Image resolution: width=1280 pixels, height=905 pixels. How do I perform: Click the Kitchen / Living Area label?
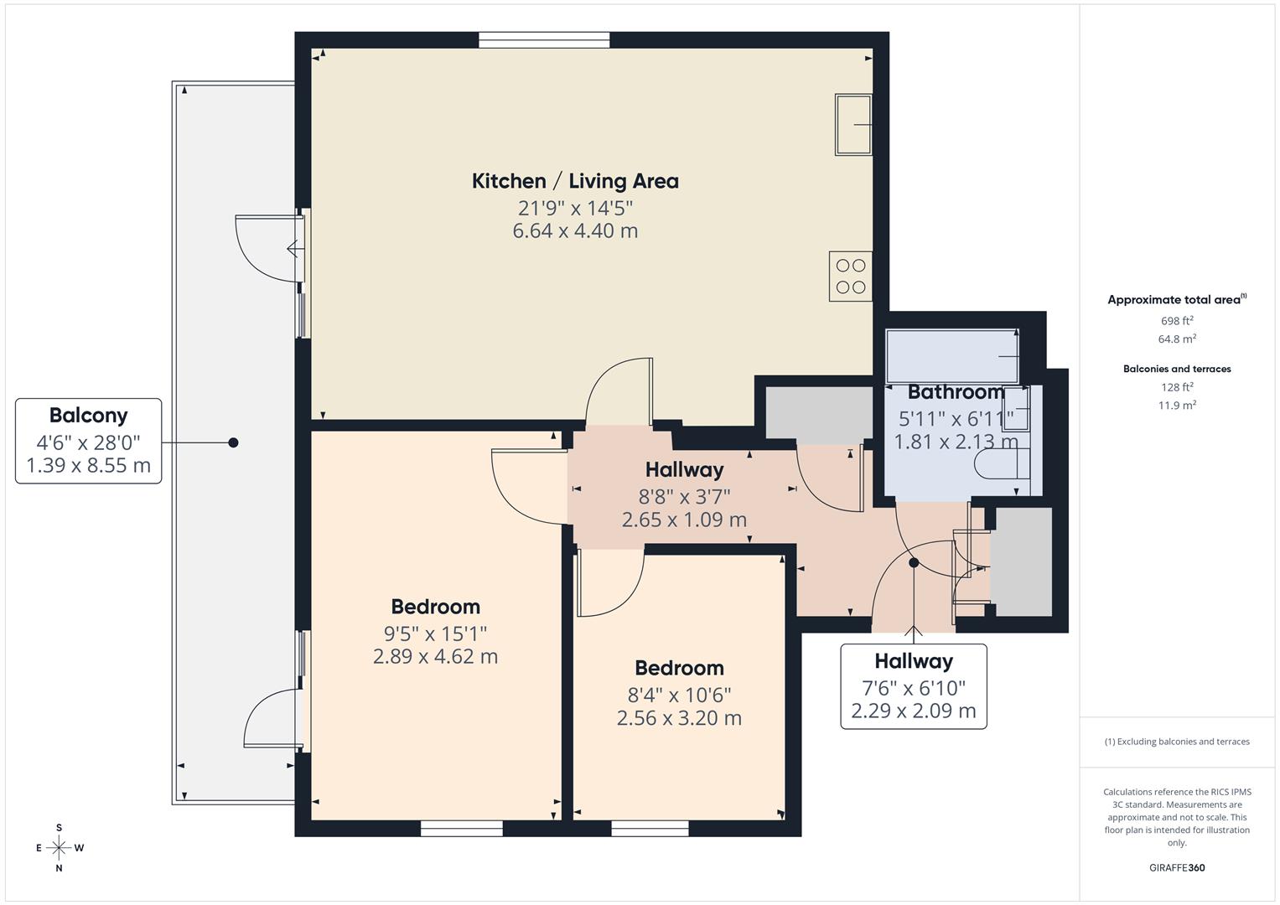(575, 181)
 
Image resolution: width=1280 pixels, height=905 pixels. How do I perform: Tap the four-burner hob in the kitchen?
(851, 277)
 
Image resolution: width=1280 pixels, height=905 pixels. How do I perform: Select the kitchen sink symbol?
(853, 125)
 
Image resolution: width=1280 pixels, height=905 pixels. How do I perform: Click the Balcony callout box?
(88, 441)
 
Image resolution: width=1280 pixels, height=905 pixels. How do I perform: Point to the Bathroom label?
(956, 392)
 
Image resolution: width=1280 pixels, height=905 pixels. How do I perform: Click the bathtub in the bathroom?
(952, 356)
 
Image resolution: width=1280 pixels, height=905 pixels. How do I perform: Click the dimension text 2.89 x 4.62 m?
(435, 656)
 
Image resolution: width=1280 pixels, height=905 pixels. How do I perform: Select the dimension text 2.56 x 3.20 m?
(679, 718)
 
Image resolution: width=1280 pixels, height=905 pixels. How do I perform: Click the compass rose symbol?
(59, 848)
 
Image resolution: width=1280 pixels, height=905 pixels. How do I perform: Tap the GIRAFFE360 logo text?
(1177, 868)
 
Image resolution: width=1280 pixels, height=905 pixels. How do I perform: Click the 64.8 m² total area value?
(1177, 339)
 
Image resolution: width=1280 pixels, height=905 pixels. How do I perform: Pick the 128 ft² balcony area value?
(1177, 387)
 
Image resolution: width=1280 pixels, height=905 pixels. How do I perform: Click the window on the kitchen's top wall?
(544, 39)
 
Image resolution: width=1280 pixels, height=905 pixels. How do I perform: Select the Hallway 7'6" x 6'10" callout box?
(914, 686)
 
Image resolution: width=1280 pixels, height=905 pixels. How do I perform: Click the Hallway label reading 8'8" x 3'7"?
(684, 470)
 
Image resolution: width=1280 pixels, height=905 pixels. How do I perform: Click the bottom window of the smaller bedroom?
(650, 829)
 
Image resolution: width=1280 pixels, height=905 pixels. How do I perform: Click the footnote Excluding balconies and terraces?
(1177, 742)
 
